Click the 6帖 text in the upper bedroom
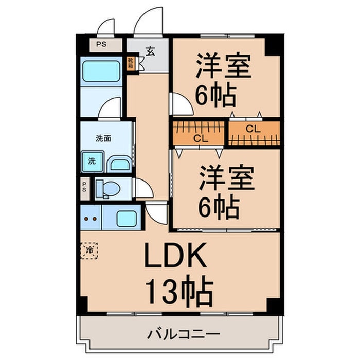pos(215,96)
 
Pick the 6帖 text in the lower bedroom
pos(219,208)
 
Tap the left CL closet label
pos(201,138)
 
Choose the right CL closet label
pos(253,129)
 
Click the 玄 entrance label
pos(150,51)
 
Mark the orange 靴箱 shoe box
pos(131,64)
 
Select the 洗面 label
pos(104,138)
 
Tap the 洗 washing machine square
pos(92,161)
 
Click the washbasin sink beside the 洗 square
pos(120,165)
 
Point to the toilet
pos(107,188)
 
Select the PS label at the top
pos(101,44)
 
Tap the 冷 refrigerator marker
pos(89,250)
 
